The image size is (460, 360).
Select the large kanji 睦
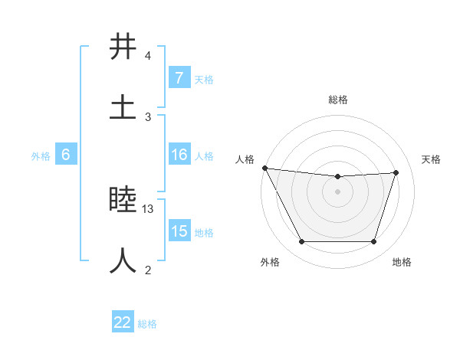coord(123,200)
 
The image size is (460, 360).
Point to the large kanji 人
coord(123,260)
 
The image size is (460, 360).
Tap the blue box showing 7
coord(179,78)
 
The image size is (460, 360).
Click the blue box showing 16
coord(179,155)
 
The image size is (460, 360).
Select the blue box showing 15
coord(179,231)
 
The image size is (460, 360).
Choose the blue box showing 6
coord(66,155)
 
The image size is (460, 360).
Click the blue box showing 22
coord(123,322)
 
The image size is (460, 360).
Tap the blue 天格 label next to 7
coord(204,79)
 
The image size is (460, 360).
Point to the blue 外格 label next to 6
coord(41,155)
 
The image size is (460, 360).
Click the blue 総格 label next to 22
coord(147,323)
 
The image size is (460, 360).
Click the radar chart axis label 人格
coord(245,159)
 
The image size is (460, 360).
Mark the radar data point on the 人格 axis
coord(264,168)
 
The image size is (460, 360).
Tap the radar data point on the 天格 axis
coord(396,172)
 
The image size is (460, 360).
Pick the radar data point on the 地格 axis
coord(373,242)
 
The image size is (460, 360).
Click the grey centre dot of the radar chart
coord(337,191)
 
